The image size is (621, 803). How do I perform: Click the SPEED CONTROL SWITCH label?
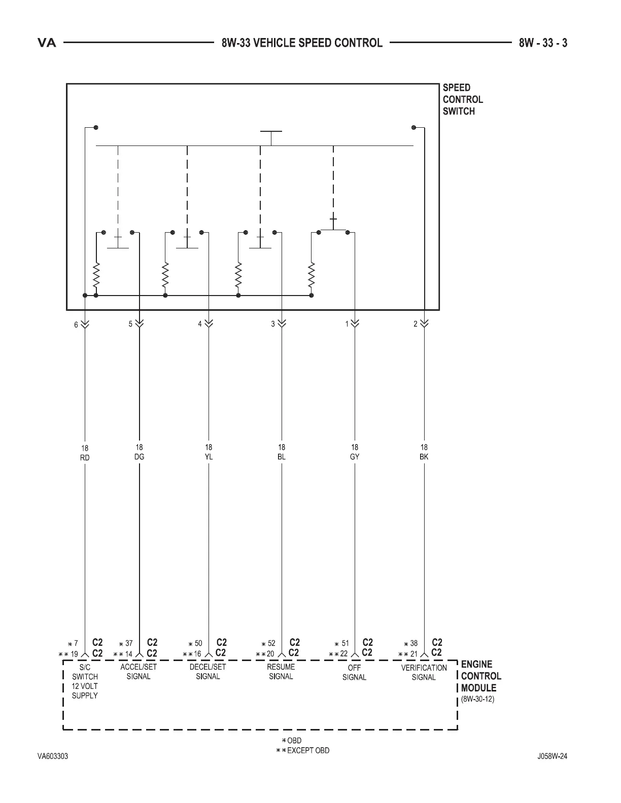pyautogui.click(x=462, y=99)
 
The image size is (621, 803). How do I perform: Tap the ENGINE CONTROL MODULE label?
pyautogui.click(x=480, y=676)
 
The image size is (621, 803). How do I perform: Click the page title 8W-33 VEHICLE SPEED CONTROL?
pyautogui.click(x=302, y=43)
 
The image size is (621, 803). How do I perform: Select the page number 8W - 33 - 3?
pyautogui.click(x=543, y=43)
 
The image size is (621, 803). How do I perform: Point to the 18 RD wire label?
pyautogui.click(x=85, y=453)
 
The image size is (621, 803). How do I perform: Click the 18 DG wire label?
pyautogui.click(x=139, y=452)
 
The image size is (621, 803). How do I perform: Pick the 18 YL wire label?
pyautogui.click(x=209, y=452)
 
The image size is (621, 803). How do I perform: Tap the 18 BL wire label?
pyautogui.click(x=282, y=452)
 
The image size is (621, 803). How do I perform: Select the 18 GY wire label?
pyautogui.click(x=355, y=452)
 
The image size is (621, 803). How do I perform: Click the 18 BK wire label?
pyautogui.click(x=424, y=452)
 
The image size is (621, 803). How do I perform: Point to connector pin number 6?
pyautogui.click(x=76, y=324)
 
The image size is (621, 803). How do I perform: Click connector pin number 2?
pyautogui.click(x=416, y=324)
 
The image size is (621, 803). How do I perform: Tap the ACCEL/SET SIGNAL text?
pyautogui.click(x=139, y=672)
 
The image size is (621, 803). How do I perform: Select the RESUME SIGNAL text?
pyautogui.click(x=281, y=672)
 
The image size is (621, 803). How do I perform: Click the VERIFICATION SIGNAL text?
pyautogui.click(x=424, y=672)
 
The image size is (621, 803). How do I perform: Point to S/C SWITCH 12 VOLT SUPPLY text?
pyautogui.click(x=85, y=681)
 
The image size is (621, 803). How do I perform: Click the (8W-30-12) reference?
pyautogui.click(x=477, y=699)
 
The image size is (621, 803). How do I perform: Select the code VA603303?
pyautogui.click(x=53, y=756)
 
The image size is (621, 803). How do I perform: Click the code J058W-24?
pyautogui.click(x=552, y=756)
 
